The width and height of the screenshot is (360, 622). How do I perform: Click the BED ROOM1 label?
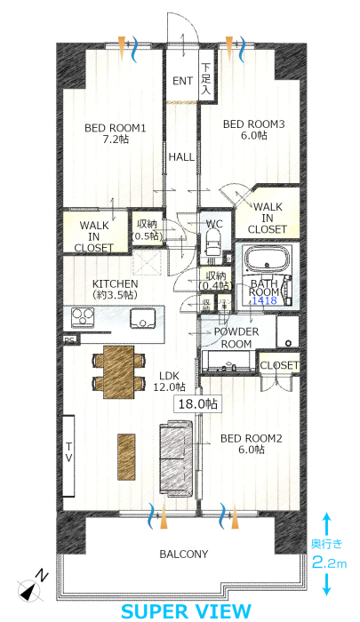click(x=115, y=128)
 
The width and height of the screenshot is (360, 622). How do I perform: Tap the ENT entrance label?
click(x=182, y=81)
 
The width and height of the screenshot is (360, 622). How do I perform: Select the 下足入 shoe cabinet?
click(x=206, y=78)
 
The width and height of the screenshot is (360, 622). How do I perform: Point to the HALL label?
click(x=181, y=157)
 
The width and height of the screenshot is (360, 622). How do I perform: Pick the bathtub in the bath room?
click(x=266, y=259)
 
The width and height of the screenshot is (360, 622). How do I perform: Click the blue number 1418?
click(x=265, y=300)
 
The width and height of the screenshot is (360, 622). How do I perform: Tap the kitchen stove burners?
click(x=83, y=318)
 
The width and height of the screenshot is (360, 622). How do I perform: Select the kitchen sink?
click(x=143, y=318)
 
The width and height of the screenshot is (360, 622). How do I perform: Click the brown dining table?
click(x=119, y=371)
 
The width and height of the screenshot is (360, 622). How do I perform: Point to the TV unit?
click(x=68, y=456)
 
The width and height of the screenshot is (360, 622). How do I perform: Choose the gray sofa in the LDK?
click(x=176, y=459)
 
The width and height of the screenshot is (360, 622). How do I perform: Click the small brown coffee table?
click(x=126, y=457)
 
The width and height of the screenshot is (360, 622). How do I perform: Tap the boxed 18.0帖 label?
click(x=197, y=404)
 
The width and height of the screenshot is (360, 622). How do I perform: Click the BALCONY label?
click(x=184, y=554)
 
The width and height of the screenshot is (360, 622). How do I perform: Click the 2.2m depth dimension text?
click(x=329, y=563)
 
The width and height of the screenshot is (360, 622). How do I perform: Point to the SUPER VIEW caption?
click(x=186, y=611)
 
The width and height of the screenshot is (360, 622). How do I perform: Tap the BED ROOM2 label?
click(x=251, y=438)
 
